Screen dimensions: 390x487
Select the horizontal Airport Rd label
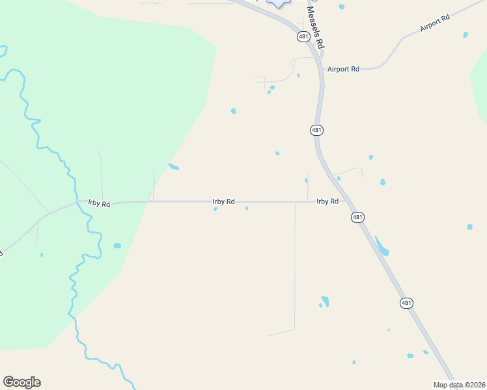[343, 69]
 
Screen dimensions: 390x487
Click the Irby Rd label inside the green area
[99, 203]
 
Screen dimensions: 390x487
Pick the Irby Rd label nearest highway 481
[327, 201]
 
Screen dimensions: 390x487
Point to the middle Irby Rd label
[223, 201]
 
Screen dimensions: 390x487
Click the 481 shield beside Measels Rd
[303, 37]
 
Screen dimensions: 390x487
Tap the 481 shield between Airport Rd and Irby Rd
[316, 131]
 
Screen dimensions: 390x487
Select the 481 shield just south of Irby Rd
[357, 217]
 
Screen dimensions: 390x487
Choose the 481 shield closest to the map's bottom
[406, 303]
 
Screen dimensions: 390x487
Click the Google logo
[21, 382]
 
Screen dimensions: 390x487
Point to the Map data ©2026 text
[459, 385]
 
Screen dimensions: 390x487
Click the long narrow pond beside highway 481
[382, 246]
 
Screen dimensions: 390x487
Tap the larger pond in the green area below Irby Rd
[117, 246]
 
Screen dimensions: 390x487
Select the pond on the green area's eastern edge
[173, 167]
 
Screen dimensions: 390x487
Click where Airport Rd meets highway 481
[321, 68]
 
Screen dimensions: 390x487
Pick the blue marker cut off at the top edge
[279, 3]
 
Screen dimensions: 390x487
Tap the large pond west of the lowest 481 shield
[325, 301]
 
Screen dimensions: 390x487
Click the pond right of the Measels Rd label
[341, 6]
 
